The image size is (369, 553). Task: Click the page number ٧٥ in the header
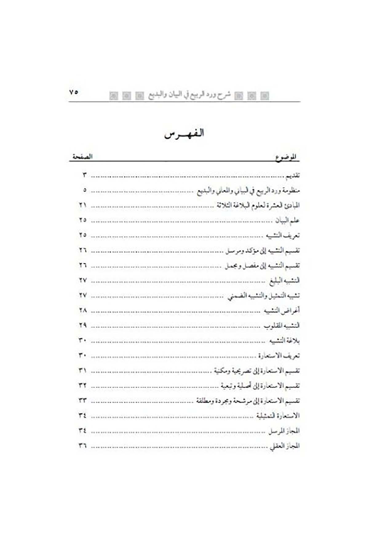point(74,92)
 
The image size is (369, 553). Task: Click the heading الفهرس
point(184,134)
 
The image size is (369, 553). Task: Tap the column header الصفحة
point(82,157)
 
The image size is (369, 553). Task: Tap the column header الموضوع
point(286,157)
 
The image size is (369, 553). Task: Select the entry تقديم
point(292,176)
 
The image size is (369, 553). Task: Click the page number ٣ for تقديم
point(85,175)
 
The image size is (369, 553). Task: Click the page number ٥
point(85,190)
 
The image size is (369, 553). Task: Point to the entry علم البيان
point(287,221)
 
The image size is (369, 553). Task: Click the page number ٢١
point(83,205)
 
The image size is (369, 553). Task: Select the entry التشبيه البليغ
point(284,281)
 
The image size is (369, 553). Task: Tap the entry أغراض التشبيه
point(282,311)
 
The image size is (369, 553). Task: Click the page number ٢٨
point(83,310)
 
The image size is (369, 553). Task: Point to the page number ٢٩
point(83,325)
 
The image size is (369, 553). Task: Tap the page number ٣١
point(83,371)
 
